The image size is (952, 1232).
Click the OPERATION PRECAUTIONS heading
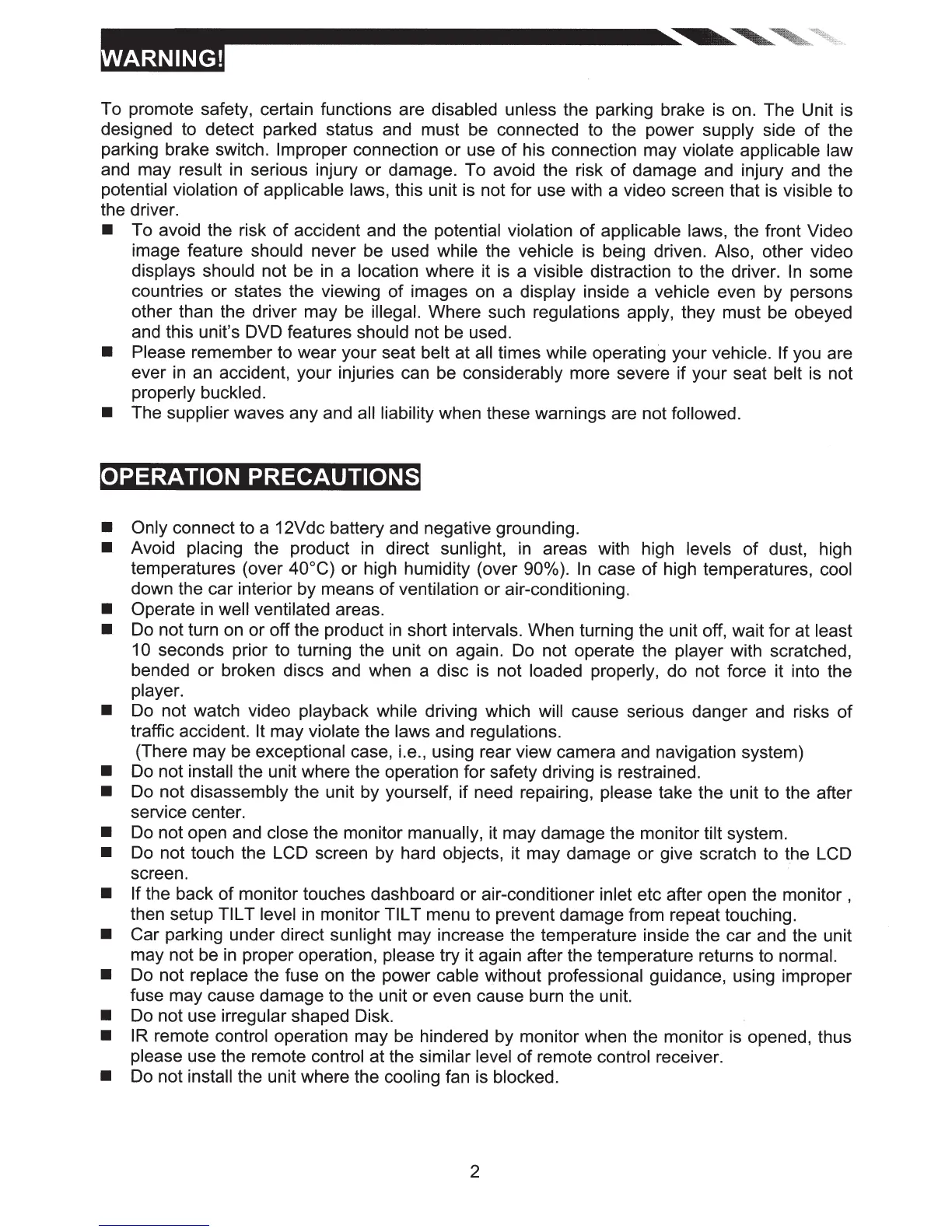point(259,477)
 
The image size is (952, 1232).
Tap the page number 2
point(474,1171)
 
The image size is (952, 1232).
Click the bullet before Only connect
point(108,530)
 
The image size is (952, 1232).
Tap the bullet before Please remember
point(108,353)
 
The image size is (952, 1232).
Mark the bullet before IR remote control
point(108,1037)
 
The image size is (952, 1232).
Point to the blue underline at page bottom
point(154,1226)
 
